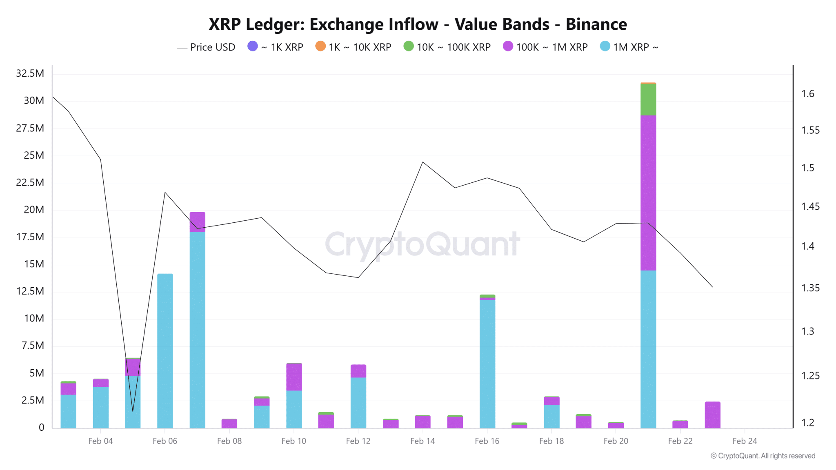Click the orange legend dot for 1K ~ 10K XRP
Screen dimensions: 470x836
tap(320, 47)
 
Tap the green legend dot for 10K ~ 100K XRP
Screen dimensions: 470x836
tap(408, 47)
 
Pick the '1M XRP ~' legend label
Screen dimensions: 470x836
tap(636, 47)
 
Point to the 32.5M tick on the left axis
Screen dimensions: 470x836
tap(30, 73)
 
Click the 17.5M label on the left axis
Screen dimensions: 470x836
tap(30, 237)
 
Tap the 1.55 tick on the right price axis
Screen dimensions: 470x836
tap(810, 131)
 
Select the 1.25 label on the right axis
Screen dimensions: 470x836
tap(810, 376)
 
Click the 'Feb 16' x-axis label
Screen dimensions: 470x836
tap(487, 441)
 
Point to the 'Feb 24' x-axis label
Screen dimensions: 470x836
tap(745, 441)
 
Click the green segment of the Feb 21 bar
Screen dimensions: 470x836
tap(648, 100)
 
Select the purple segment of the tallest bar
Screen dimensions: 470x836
tap(648, 192)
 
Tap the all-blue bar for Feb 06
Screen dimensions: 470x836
tap(165, 351)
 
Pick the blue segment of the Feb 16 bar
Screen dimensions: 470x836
tap(487, 363)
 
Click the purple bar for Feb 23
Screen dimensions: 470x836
tap(712, 415)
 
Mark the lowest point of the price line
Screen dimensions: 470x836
tap(133, 411)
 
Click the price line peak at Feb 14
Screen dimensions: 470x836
tap(423, 162)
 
